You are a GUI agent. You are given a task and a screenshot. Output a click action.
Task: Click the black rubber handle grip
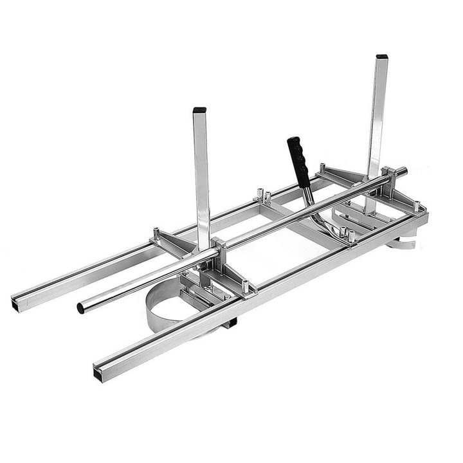click(298, 161)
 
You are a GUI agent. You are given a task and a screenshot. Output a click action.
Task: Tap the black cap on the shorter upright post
click(199, 110)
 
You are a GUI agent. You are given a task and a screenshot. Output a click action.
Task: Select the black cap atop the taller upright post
click(381, 57)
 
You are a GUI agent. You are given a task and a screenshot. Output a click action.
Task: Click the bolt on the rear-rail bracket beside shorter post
click(156, 231)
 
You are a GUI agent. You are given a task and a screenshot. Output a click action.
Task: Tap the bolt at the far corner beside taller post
click(417, 206)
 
